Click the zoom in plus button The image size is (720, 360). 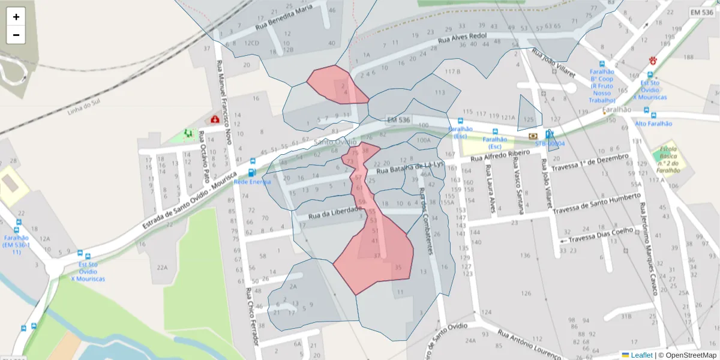(x=16, y=17)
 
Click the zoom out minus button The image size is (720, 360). (x=16, y=35)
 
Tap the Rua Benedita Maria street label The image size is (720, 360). (x=284, y=17)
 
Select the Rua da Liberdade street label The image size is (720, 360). (x=335, y=212)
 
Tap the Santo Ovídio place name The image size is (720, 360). (x=335, y=142)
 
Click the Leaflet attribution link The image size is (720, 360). (x=641, y=355)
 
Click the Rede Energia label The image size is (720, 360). (x=252, y=181)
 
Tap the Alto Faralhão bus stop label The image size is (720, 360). (x=653, y=124)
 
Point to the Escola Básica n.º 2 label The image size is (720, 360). (x=668, y=159)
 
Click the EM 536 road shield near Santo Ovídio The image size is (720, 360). (x=398, y=120)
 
